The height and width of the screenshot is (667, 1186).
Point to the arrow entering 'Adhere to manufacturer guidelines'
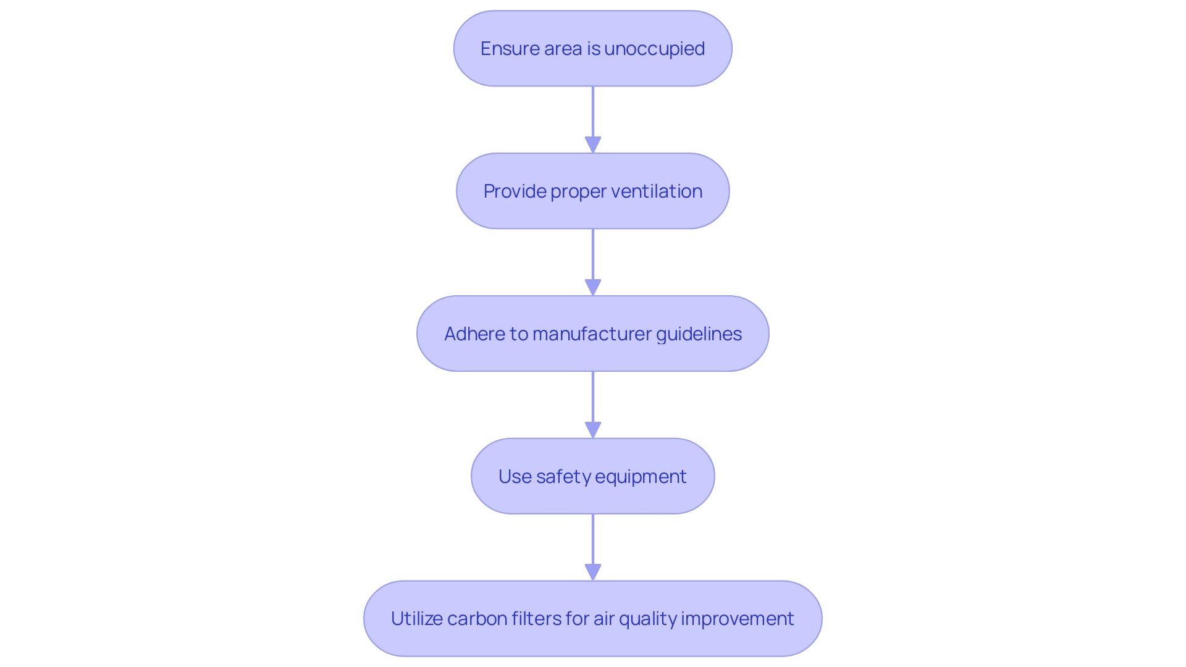point(593,261)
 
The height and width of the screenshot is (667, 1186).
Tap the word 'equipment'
point(642,477)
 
